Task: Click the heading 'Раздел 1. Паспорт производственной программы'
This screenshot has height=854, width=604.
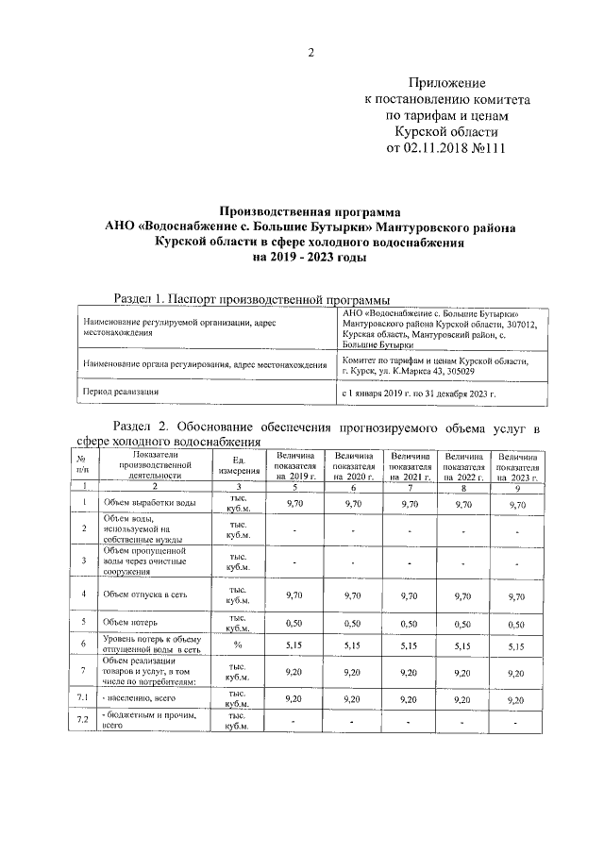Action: pos(250,299)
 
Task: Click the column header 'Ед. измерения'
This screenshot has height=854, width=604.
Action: pos(232,463)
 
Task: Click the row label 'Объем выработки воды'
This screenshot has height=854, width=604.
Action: pos(150,505)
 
